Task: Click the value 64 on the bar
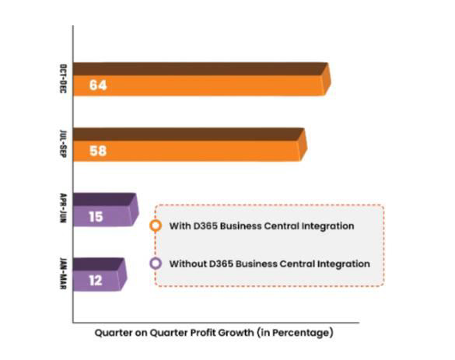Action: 97,85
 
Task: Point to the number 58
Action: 97,150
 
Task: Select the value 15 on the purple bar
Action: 96,216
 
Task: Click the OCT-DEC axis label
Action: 62,79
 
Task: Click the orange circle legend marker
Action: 156,225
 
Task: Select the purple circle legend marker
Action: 156,264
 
